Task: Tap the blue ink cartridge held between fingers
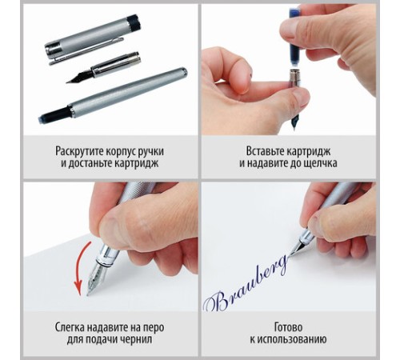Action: [295, 38]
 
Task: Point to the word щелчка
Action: [321, 163]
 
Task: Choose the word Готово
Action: [288, 327]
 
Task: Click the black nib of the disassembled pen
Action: [79, 77]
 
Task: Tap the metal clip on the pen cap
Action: [86, 50]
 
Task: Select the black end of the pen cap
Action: [134, 22]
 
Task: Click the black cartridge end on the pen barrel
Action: [55, 114]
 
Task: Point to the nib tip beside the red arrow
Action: [88, 294]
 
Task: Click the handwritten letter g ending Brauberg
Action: [282, 264]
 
